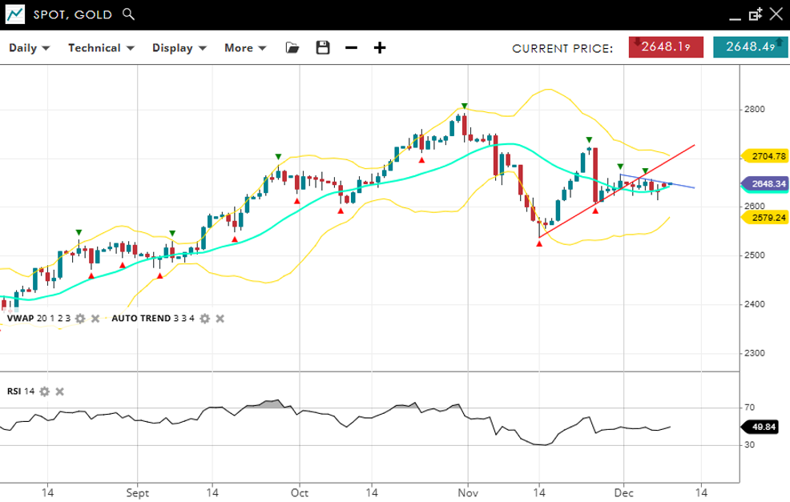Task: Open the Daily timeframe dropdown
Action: pyautogui.click(x=29, y=48)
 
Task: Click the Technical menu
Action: pyautogui.click(x=100, y=48)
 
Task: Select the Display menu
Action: pyautogui.click(x=179, y=48)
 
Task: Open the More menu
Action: pyautogui.click(x=244, y=48)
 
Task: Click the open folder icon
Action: pyautogui.click(x=292, y=48)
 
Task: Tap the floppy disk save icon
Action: pyautogui.click(x=323, y=48)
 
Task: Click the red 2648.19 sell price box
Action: pyautogui.click(x=660, y=47)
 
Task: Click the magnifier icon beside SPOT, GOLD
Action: pyautogui.click(x=129, y=14)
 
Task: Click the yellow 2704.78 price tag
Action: pyautogui.click(x=765, y=156)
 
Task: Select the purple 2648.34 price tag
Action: pyautogui.click(x=765, y=184)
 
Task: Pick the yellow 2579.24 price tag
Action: pyautogui.click(x=765, y=216)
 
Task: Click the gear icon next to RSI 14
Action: pyautogui.click(x=45, y=392)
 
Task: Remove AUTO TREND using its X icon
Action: pyautogui.click(x=220, y=319)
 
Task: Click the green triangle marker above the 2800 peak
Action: pyautogui.click(x=464, y=106)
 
